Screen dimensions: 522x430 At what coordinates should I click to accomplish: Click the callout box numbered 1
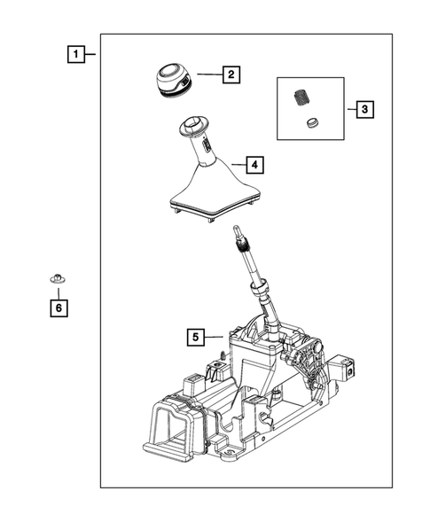[78, 54]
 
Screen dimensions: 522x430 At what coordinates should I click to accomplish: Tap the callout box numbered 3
[364, 110]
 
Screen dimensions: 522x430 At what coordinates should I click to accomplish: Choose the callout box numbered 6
[58, 308]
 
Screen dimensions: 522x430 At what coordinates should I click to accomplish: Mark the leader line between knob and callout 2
[206, 75]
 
